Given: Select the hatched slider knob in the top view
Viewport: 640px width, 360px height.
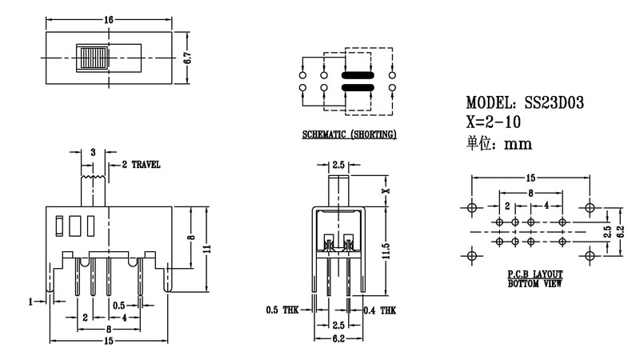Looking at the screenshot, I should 93,58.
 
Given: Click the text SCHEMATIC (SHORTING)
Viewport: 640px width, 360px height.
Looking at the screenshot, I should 348,134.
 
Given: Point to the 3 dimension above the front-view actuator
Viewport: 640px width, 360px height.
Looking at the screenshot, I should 94,152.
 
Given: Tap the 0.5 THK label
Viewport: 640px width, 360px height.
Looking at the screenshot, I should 282,310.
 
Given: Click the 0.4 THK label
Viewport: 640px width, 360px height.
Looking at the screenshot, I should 379,310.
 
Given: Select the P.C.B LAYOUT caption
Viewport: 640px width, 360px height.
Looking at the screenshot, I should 534,274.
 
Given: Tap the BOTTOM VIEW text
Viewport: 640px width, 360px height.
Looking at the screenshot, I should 534,283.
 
